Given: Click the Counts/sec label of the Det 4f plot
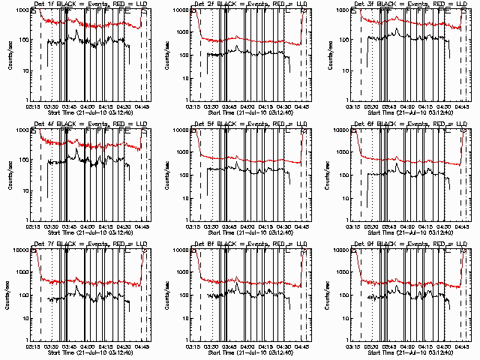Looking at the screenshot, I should pos(10,175).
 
